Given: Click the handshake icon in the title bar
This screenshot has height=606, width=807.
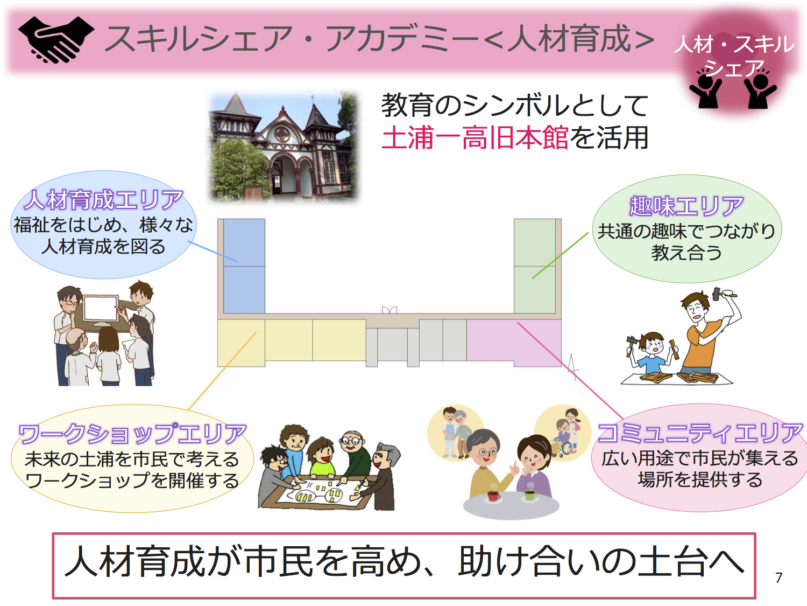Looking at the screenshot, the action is click(x=56, y=40).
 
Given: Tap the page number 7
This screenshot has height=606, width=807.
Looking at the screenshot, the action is click(x=778, y=578).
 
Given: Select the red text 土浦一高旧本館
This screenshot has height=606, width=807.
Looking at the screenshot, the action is click(x=475, y=138).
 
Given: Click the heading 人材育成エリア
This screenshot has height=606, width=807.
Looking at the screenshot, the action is click(x=103, y=200).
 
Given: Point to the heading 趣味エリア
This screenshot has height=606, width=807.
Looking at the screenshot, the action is click(x=686, y=206).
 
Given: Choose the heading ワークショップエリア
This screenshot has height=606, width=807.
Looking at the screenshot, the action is click(x=132, y=434).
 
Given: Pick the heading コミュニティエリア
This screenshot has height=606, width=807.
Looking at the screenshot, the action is click(x=700, y=433).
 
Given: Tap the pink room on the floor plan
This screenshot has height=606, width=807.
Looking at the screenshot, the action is click(x=514, y=342).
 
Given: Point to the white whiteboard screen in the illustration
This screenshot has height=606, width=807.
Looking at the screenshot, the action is click(x=100, y=308).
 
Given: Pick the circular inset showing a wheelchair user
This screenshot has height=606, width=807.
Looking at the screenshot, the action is click(x=562, y=433).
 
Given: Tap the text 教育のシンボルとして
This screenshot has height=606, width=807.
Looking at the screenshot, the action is click(x=515, y=105).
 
